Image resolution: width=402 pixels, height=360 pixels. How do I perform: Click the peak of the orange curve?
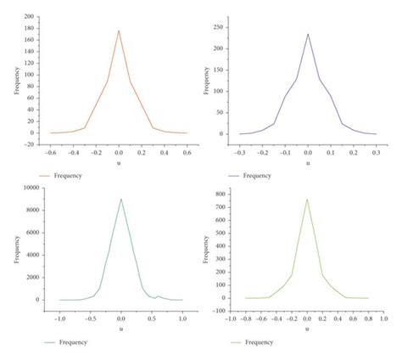119,31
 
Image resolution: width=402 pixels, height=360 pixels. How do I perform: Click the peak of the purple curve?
308,35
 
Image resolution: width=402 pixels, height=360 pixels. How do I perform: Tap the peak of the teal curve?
120,200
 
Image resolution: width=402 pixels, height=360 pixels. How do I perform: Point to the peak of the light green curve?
307,200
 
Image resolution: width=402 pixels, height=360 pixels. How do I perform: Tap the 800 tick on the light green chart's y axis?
222,194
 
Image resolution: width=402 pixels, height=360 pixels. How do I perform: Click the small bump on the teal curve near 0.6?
157,295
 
